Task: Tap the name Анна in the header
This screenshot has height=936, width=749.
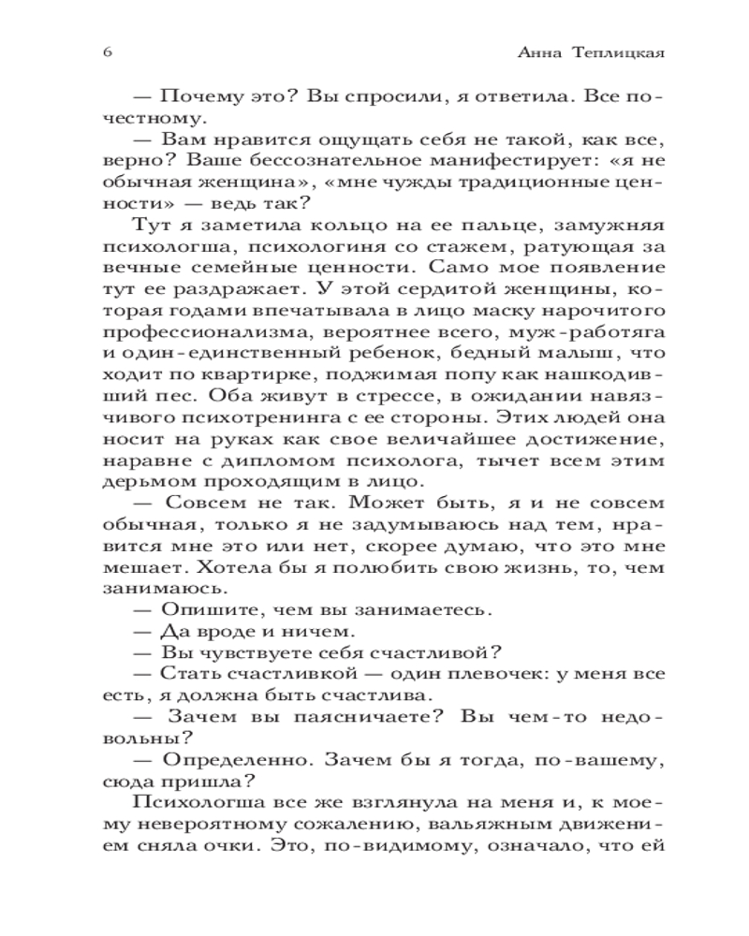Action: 541,53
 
